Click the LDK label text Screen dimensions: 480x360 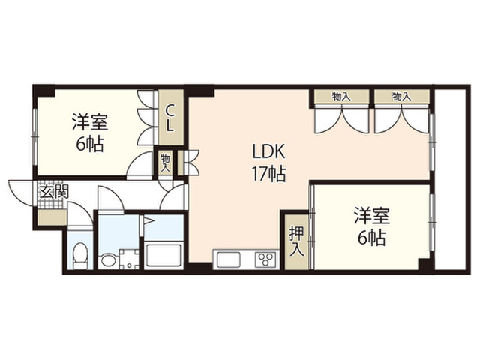268,151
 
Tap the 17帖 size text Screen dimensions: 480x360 268,175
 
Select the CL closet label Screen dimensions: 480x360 170,118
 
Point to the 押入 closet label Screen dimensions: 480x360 297,241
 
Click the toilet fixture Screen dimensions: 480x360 80,256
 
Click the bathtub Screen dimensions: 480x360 163,255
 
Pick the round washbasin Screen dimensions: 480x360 107,260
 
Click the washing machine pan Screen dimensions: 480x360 129,259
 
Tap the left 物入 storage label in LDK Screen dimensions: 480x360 341,97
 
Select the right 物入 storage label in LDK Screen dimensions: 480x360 401,97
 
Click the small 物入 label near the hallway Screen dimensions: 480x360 165,163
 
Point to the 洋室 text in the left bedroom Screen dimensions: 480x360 90,121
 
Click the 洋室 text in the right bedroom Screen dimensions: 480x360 372,215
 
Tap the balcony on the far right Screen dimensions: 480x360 450,180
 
